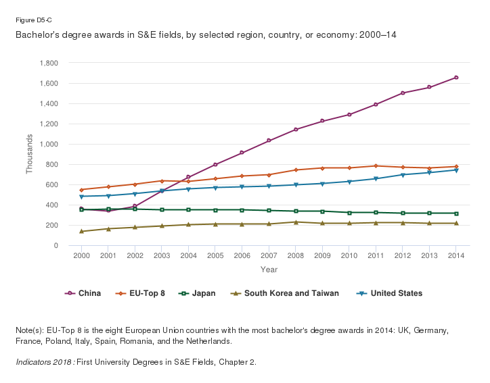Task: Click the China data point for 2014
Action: point(456,78)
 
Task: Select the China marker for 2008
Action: point(296,130)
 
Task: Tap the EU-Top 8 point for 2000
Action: point(82,190)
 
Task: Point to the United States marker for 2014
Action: point(456,170)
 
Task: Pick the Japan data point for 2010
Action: point(349,213)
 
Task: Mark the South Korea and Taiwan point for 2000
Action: point(82,232)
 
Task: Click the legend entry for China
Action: point(84,293)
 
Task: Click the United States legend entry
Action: point(391,293)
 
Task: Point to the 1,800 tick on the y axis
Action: point(49,63)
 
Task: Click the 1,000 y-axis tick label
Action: point(49,145)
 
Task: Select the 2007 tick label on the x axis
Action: point(269,256)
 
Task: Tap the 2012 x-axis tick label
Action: point(403,256)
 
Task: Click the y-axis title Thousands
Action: point(30,155)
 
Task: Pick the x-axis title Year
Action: point(269,270)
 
